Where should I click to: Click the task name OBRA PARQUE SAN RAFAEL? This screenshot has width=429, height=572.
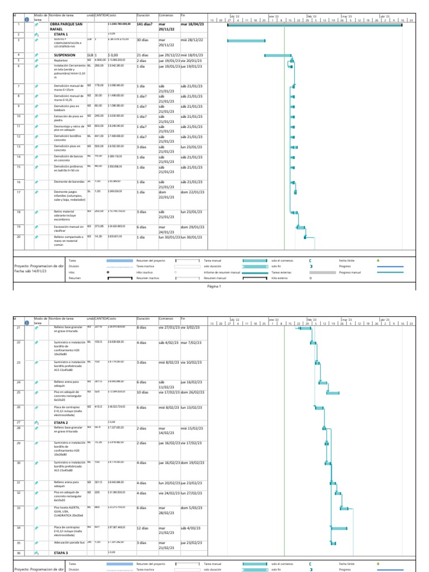tap(66, 27)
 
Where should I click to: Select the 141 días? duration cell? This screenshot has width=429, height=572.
tap(145, 25)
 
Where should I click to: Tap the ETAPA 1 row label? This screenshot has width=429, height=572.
tap(61, 34)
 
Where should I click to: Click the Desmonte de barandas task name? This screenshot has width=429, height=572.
tap(69, 182)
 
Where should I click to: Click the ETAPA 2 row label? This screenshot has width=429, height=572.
tap(61, 422)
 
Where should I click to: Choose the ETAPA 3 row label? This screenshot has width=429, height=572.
tap(61, 552)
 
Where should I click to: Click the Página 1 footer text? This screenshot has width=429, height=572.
tap(214, 287)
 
